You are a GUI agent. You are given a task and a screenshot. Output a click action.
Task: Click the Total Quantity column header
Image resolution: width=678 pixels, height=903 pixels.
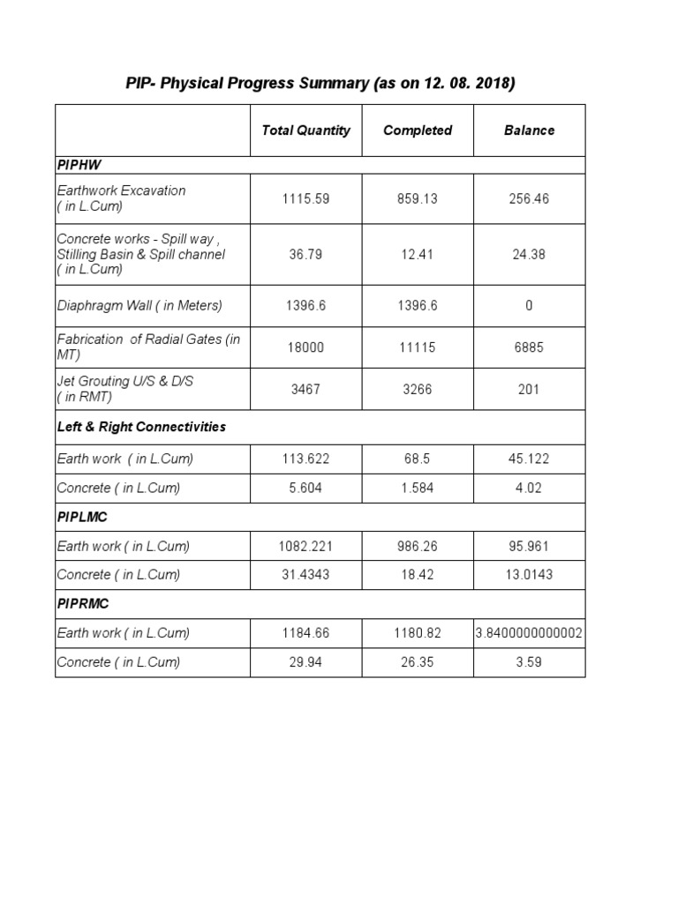(305, 131)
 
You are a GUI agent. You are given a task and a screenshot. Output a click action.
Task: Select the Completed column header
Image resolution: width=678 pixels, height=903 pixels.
(418, 131)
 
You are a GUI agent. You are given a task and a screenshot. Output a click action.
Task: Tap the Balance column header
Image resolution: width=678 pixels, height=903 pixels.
(530, 131)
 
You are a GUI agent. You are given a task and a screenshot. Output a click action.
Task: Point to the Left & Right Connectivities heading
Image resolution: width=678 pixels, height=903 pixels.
(141, 427)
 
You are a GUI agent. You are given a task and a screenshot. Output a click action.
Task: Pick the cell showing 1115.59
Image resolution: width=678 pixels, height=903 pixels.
(305, 199)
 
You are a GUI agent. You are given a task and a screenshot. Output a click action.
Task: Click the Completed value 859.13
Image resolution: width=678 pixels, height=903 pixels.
(418, 199)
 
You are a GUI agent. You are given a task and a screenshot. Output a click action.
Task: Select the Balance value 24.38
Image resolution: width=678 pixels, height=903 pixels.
(530, 255)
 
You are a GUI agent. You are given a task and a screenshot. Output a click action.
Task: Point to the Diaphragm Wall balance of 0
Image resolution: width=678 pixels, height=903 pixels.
(530, 306)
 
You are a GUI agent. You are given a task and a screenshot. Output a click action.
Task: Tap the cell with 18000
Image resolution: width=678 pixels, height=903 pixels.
(305, 347)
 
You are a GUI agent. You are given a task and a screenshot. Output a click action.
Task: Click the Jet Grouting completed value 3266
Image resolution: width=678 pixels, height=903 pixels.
(418, 390)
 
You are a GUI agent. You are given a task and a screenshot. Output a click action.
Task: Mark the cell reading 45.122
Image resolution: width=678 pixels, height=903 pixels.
(530, 459)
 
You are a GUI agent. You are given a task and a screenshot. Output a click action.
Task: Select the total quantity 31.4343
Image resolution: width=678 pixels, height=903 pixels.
(305, 575)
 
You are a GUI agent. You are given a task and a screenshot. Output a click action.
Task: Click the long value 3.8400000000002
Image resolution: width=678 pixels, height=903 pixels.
(530, 633)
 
